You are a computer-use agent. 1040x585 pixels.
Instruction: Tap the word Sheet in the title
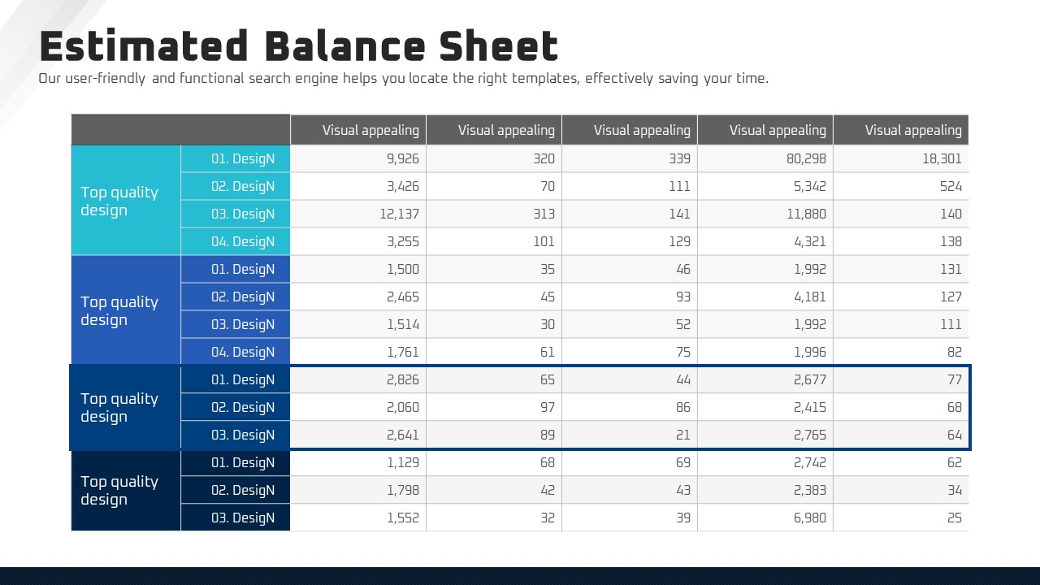click(x=499, y=46)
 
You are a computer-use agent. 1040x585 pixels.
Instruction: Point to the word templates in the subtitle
click(x=541, y=79)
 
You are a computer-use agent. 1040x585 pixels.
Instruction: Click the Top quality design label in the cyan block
click(x=119, y=201)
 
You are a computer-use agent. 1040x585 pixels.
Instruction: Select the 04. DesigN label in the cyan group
click(x=243, y=242)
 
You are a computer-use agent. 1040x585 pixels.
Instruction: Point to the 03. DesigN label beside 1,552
click(x=243, y=518)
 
